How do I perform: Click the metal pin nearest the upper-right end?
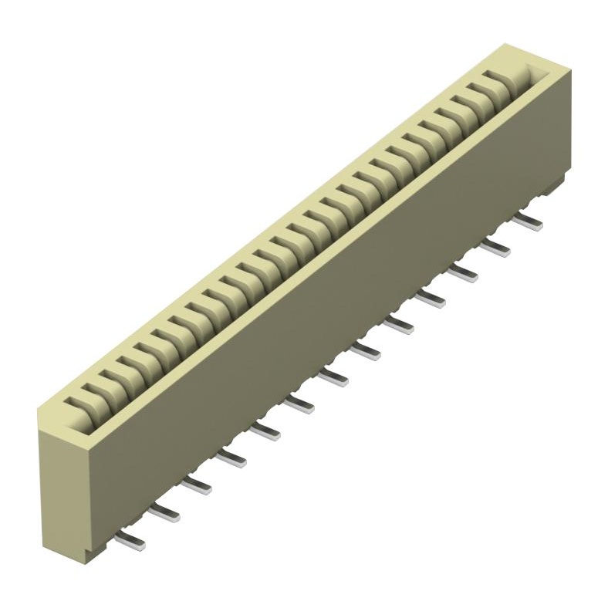tap(528, 221)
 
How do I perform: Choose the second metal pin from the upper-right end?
tap(495, 248)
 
